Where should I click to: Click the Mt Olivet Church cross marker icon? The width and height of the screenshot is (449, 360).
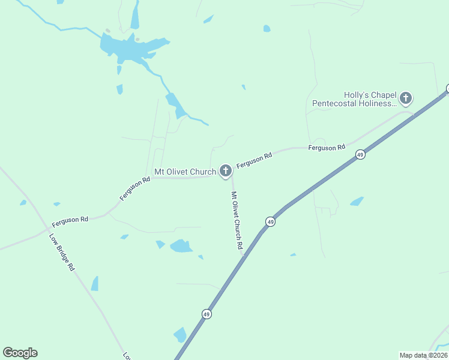pyautogui.click(x=225, y=171)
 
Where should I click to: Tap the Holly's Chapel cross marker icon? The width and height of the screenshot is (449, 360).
pyautogui.click(x=406, y=97)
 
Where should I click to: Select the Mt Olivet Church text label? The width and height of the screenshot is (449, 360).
pyautogui.click(x=185, y=172)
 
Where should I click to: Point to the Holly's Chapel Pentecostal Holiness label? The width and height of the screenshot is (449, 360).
pyautogui.click(x=354, y=99)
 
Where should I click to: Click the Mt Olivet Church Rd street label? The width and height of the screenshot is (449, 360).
pyautogui.click(x=237, y=220)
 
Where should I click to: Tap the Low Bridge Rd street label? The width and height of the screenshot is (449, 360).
pyautogui.click(x=62, y=251)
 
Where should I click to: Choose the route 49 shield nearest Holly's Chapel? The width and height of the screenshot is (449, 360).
pyautogui.click(x=360, y=154)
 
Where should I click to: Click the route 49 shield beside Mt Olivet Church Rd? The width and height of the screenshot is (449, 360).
pyautogui.click(x=271, y=222)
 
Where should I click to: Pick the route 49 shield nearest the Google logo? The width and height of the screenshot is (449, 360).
pyautogui.click(x=206, y=314)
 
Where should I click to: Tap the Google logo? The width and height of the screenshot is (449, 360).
pyautogui.click(x=20, y=353)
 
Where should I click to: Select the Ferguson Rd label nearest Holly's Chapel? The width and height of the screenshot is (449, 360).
pyautogui.click(x=327, y=148)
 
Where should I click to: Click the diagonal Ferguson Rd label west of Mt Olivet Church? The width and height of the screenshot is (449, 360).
pyautogui.click(x=134, y=189)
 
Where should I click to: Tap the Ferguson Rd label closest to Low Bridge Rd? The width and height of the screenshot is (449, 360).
pyautogui.click(x=70, y=220)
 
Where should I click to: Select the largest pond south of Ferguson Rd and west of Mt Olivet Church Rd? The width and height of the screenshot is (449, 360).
pyautogui.click(x=181, y=246)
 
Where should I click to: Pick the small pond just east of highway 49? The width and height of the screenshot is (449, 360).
pyautogui.click(x=357, y=202)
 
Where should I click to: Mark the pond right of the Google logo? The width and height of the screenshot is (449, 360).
pyautogui.click(x=180, y=334)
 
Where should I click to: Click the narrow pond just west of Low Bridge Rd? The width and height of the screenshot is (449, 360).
pyautogui.click(x=95, y=283)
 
